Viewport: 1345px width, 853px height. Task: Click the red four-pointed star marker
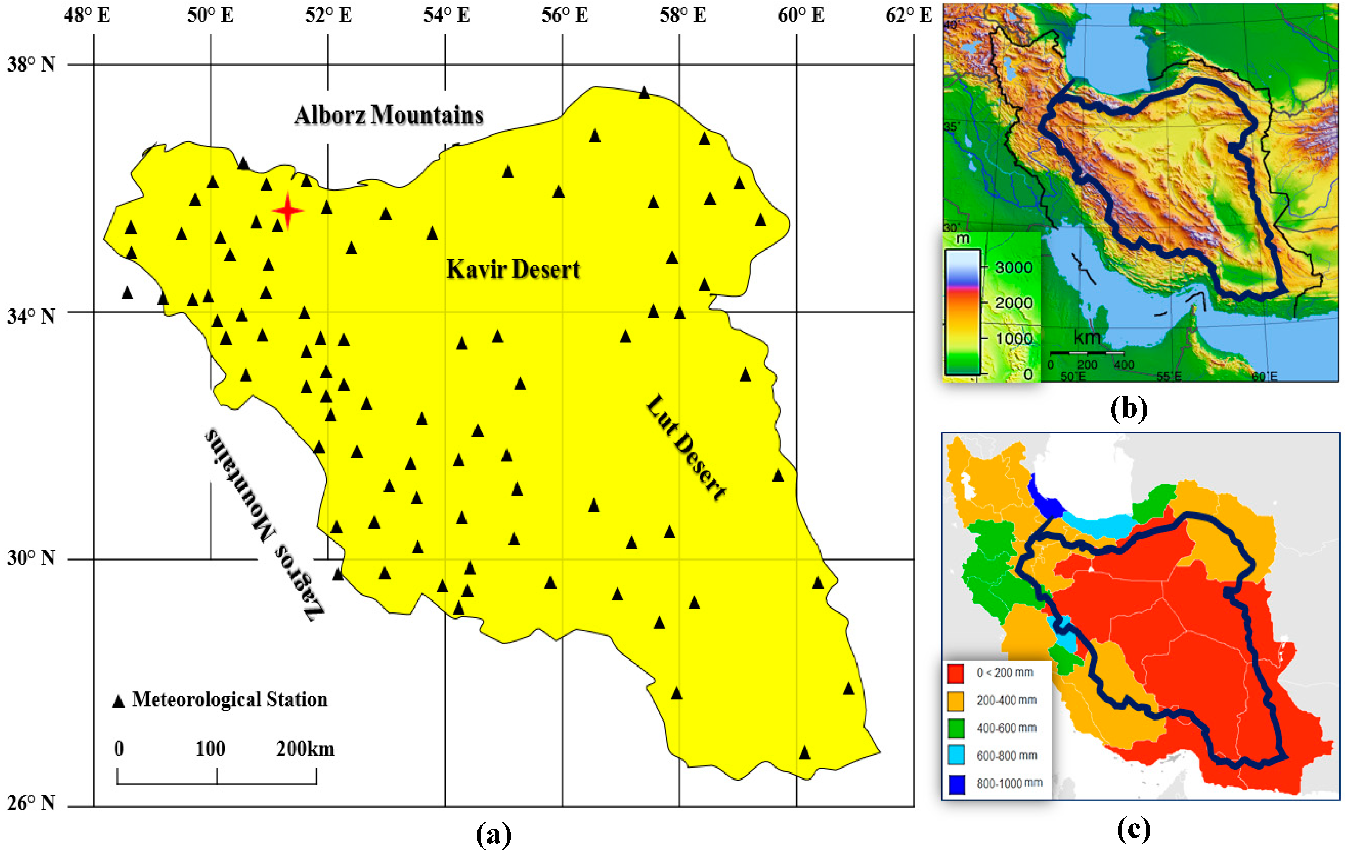tap(288, 211)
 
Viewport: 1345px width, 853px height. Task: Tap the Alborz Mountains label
tap(389, 116)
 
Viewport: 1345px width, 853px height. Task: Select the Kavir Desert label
tap(513, 269)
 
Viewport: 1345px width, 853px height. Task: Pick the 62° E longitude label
tap(909, 15)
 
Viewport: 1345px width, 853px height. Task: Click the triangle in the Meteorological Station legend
tap(118, 702)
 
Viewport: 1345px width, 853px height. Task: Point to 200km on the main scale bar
tap(305, 749)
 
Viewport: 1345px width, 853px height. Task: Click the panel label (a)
tap(493, 835)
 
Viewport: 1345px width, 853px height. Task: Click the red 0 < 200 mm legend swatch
tap(956, 673)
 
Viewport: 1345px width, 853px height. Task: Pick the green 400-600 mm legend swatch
tap(956, 728)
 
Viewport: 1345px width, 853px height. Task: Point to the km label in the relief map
tap(1087, 338)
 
